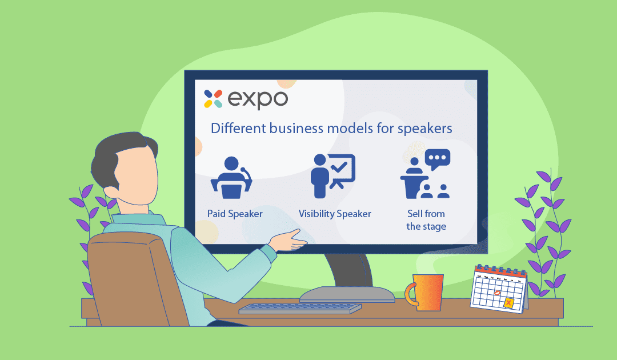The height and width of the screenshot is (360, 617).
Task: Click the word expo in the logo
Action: (258, 99)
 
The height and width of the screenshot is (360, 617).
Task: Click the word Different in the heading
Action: (237, 128)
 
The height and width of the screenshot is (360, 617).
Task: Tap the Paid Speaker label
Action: (235, 214)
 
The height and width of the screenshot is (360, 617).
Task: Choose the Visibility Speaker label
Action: (335, 214)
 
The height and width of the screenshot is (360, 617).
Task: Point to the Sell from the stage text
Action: (426, 220)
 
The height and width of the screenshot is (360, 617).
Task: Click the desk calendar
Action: (498, 289)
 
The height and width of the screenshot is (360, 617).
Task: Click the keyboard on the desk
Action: (300, 308)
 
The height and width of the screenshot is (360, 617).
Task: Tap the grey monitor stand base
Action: (347, 294)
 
